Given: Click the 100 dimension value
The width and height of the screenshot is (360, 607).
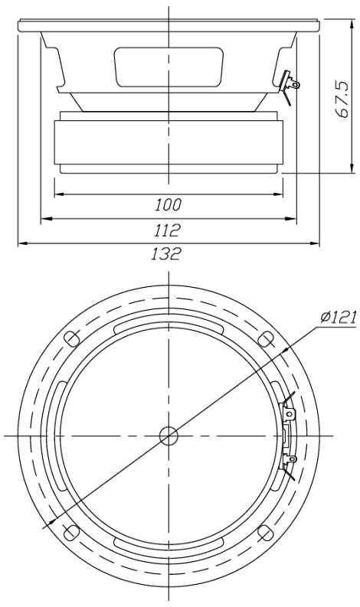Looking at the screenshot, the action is (x=169, y=205).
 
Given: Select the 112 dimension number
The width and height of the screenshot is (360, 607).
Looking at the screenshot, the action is (x=168, y=230).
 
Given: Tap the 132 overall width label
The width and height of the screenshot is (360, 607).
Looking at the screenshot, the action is (x=166, y=254).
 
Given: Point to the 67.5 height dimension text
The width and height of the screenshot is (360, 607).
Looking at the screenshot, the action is (x=342, y=99).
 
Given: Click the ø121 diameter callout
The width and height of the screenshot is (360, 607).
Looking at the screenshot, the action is (x=338, y=318).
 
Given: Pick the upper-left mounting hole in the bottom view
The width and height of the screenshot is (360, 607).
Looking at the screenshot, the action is (x=71, y=339).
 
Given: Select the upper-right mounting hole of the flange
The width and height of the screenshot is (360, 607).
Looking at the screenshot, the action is (x=266, y=339).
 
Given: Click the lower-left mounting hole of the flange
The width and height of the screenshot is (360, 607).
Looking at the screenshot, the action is (x=71, y=533).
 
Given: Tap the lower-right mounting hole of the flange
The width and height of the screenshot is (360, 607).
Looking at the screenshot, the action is (x=266, y=533).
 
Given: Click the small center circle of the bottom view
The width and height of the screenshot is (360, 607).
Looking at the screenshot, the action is (x=169, y=436).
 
